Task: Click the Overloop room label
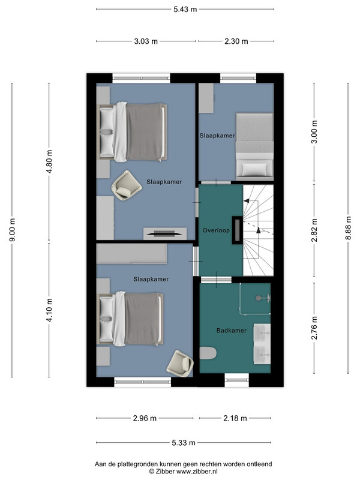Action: [216, 230]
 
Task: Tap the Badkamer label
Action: [232, 331]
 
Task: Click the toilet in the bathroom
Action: [208, 353]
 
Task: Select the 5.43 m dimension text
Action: [185, 9]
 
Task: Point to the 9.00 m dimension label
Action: [13, 230]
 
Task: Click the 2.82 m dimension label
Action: [314, 230]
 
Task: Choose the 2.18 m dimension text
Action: [235, 418]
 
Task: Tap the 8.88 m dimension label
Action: [349, 229]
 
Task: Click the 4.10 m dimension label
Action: [50, 310]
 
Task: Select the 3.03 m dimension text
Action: [146, 41]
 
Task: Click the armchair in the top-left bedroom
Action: [126, 185]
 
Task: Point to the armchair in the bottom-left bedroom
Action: [180, 364]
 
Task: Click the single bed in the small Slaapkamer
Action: [254, 147]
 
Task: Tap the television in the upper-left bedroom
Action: [165, 233]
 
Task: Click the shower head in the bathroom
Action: [259, 298]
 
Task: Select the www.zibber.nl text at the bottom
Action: [197, 472]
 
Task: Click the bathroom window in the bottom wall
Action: [236, 380]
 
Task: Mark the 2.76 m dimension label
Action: [314, 328]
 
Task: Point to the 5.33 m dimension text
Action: [184, 443]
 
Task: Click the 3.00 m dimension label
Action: [314, 132]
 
